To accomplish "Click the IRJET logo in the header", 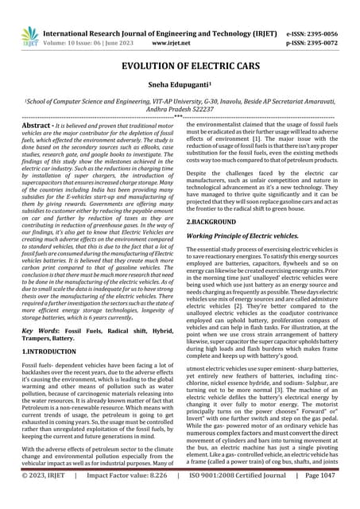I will [x=30, y=35].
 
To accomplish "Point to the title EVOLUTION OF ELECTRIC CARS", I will [x=180, y=67].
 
